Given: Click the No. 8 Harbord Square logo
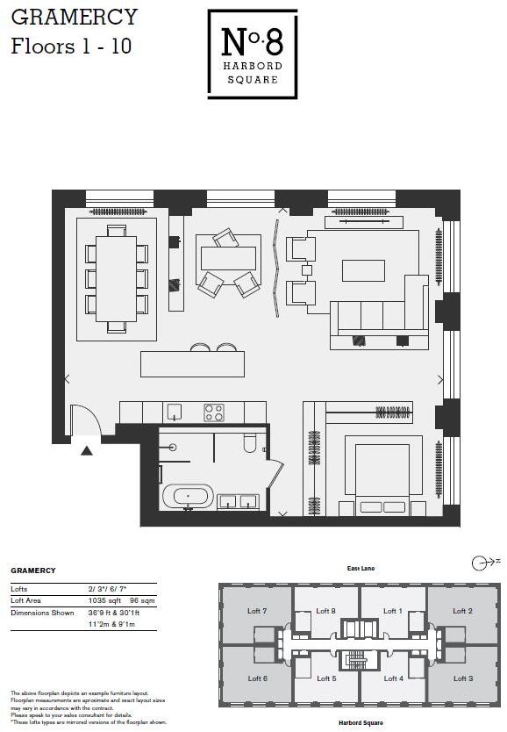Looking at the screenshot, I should [252, 53].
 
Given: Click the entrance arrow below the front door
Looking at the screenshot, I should [86, 450].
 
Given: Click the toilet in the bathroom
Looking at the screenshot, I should [250, 442].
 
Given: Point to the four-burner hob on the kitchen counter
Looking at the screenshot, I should [214, 412].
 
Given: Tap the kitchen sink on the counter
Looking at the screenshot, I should [172, 412].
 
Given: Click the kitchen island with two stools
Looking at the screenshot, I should [192, 363].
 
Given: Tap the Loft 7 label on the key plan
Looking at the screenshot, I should [257, 610].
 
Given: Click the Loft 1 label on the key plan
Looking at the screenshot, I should [393, 610].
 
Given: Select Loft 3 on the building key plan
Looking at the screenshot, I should [462, 678].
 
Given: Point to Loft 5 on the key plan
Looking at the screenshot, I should [326, 678].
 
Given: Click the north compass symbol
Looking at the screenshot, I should [479, 563].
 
